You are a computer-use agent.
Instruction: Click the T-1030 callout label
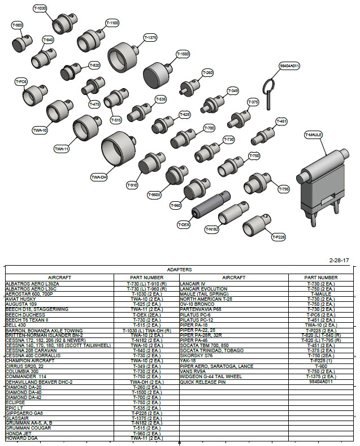pyautogui.click(x=40, y=9)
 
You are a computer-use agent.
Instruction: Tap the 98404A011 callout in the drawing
pyautogui.click(x=289, y=66)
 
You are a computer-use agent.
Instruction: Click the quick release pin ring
pyautogui.click(x=268, y=86)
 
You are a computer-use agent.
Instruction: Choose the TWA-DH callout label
pyautogui.click(x=99, y=177)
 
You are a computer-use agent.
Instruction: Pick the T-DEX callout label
pyautogui.click(x=183, y=224)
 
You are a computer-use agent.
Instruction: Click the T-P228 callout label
pyautogui.click(x=279, y=237)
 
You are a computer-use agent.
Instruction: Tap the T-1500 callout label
pyautogui.click(x=183, y=54)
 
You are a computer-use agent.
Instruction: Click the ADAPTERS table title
pyautogui.click(x=180, y=270)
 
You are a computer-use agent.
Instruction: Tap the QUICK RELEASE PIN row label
pyautogui.click(x=202, y=382)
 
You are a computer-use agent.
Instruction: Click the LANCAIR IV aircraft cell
pyautogui.click(x=193, y=284)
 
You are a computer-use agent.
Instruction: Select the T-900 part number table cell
pyautogui.click(x=320, y=366)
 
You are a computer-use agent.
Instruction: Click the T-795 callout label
pyautogui.click(x=284, y=189)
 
